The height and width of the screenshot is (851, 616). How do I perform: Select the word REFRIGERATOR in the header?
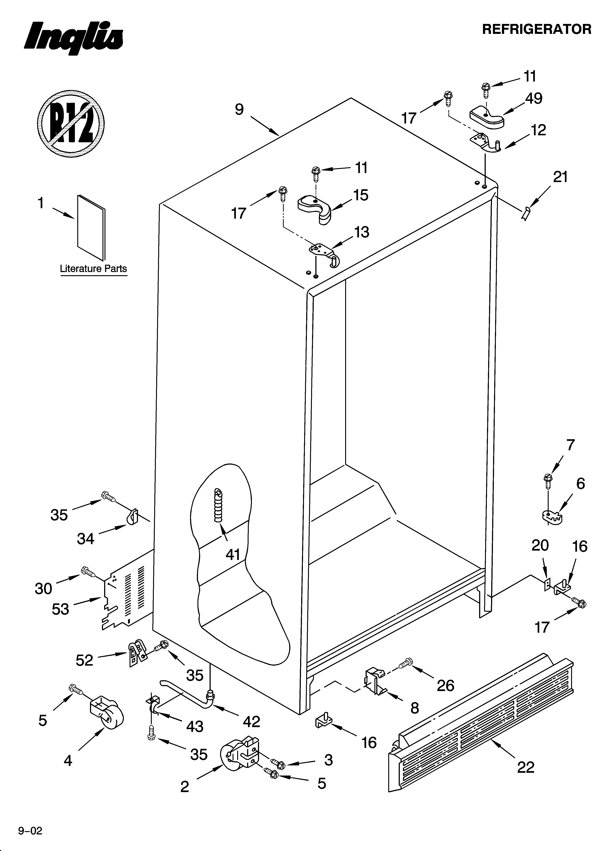tap(537, 29)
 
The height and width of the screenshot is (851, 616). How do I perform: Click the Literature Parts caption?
tap(93, 269)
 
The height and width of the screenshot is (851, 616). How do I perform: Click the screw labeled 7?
tap(548, 482)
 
